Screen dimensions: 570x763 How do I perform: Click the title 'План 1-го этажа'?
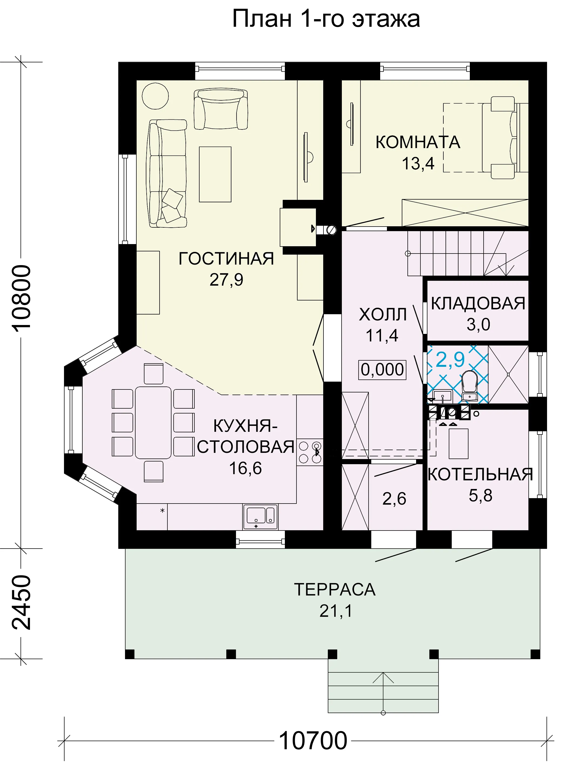tap(326, 19)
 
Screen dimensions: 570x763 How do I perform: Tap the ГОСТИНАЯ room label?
tap(226, 258)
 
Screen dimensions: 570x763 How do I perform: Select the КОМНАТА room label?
tap(418, 142)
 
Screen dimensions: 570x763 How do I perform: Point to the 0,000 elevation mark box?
tap(382, 370)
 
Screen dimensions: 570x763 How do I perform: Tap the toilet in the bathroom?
tap(469, 386)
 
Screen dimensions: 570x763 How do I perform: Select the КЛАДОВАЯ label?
tap(478, 303)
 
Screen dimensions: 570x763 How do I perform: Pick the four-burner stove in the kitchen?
tap(310, 452)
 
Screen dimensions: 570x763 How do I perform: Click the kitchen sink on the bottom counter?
tap(260, 516)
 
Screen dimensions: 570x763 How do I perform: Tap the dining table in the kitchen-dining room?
tap(153, 423)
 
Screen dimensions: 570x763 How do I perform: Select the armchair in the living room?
tap(221, 109)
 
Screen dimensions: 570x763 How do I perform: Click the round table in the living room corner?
tap(155, 96)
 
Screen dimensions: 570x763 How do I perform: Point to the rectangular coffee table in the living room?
tap(215, 174)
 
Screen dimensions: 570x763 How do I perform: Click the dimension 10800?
tap(21, 298)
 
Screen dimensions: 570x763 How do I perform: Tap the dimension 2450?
tap(21, 602)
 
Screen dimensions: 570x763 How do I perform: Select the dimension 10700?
tap(313, 741)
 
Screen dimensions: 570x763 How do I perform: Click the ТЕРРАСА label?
tap(335, 589)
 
